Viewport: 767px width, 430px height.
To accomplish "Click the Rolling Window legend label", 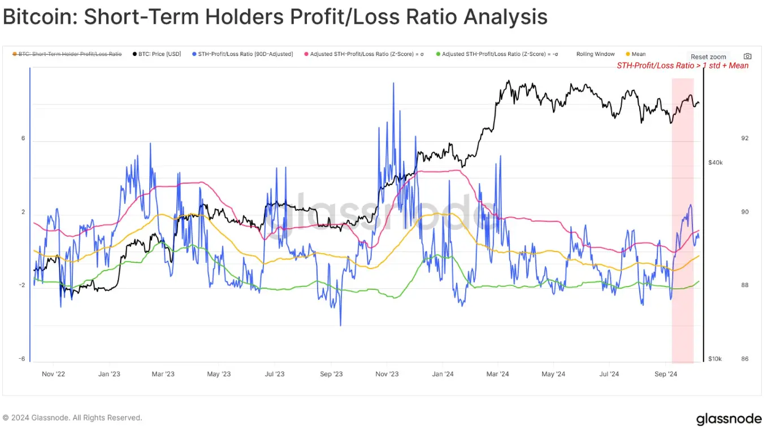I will pos(595,54).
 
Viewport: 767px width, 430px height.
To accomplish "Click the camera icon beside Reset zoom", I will pos(747,57).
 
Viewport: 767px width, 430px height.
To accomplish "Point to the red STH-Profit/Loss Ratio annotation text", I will pos(682,66).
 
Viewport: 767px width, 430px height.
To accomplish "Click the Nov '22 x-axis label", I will pos(54,374).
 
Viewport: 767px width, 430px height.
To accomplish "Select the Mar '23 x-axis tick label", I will pos(163,374).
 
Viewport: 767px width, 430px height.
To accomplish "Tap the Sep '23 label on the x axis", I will pos(331,374).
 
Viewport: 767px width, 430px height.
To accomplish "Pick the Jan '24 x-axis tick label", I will pos(443,374).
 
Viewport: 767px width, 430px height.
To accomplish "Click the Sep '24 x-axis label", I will pos(665,374).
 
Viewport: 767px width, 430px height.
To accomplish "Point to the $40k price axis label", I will pos(716,163).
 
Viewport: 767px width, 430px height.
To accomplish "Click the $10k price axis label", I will pos(716,359).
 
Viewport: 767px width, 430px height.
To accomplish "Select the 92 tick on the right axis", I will pos(745,138).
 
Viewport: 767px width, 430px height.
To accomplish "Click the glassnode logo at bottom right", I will pos(729,419).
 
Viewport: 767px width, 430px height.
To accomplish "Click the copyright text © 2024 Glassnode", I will pos(72,418).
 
